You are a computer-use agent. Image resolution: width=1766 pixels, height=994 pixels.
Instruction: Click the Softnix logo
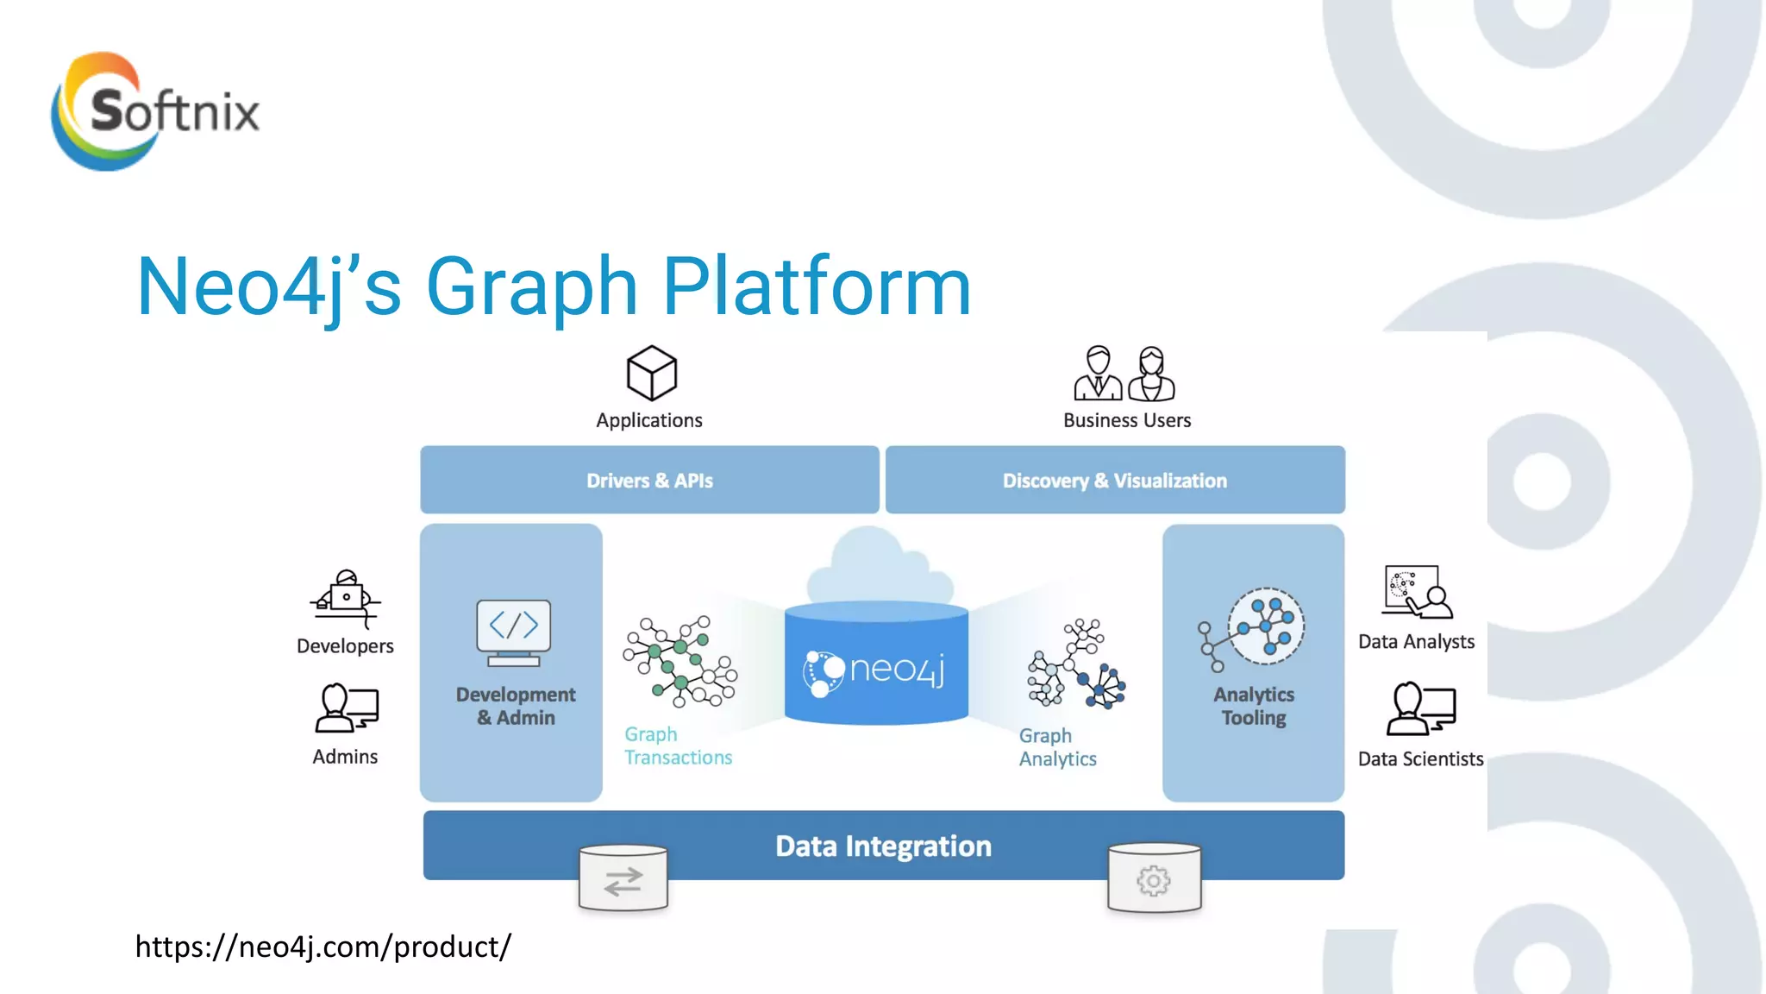(x=155, y=110)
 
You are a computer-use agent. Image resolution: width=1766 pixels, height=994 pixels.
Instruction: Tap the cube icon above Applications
(x=651, y=373)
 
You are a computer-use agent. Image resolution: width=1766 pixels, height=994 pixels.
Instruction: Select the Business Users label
(x=1126, y=420)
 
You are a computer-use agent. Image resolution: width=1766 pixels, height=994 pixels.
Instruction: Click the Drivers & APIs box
(x=649, y=480)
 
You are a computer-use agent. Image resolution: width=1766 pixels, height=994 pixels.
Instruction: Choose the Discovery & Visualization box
(x=1114, y=480)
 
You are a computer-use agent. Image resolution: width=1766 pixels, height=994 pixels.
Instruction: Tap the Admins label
(x=345, y=757)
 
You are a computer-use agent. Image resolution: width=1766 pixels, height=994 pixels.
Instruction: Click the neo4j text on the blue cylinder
(x=897, y=669)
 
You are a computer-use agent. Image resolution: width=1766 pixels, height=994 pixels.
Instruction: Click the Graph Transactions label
(x=678, y=745)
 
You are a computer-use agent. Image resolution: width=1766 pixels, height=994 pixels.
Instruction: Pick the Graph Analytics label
(x=1057, y=747)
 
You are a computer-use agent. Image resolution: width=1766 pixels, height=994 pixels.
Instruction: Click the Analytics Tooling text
(x=1253, y=706)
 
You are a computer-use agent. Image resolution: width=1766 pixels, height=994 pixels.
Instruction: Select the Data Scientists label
(x=1420, y=759)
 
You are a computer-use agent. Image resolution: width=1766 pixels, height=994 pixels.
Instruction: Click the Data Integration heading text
(x=883, y=846)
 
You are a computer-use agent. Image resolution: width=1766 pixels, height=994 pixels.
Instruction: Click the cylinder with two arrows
(x=623, y=878)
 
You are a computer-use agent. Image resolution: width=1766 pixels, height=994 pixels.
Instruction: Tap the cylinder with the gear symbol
(x=1154, y=878)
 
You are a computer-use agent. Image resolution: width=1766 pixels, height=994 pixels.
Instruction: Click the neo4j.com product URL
(x=323, y=947)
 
